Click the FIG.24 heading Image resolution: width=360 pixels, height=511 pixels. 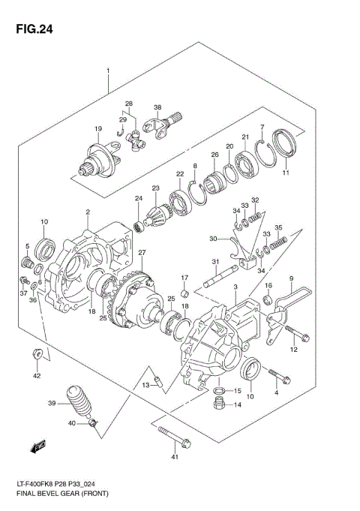pyautogui.click(x=30, y=30)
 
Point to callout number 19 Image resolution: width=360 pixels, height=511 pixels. pyautogui.click(x=97, y=130)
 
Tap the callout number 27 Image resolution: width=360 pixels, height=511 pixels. pyautogui.click(x=141, y=252)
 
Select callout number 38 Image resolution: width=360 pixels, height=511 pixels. pyautogui.click(x=158, y=107)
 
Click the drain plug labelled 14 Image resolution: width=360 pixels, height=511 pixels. pyautogui.click(x=220, y=406)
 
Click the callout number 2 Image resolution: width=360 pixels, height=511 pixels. pyautogui.click(x=88, y=212)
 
